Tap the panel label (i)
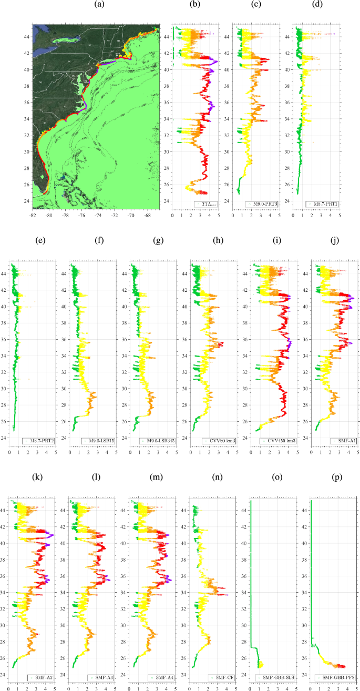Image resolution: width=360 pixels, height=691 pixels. pyautogui.click(x=274, y=241)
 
